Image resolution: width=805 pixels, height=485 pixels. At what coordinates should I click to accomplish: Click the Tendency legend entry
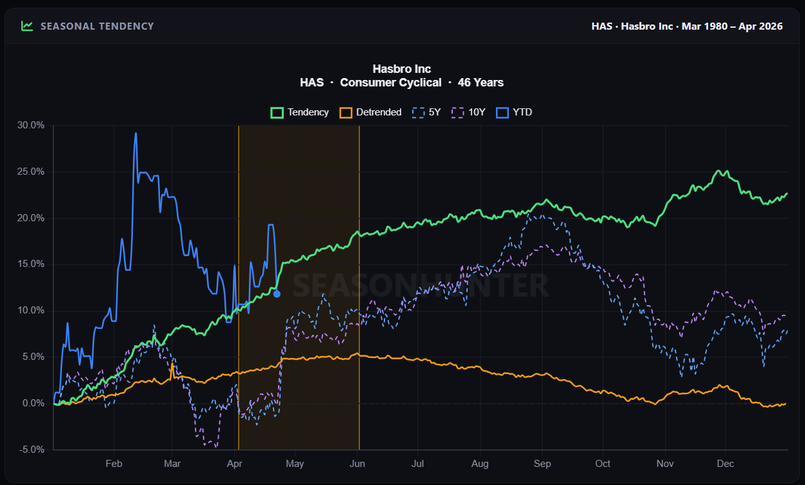(x=300, y=112)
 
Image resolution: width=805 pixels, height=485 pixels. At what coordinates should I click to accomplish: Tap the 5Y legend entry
(x=426, y=112)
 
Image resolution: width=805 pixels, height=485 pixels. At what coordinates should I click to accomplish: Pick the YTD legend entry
(x=514, y=112)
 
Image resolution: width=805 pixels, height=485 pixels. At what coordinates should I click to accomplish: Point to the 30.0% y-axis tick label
(x=31, y=125)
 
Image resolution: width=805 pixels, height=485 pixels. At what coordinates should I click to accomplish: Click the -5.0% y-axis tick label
(x=31, y=450)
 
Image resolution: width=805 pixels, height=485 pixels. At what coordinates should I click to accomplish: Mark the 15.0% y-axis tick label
(x=31, y=264)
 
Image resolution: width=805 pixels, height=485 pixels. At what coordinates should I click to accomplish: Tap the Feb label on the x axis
(x=114, y=463)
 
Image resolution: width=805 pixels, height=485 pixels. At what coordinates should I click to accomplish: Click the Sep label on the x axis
(x=542, y=463)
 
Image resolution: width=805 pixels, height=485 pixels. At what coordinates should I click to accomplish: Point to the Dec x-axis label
(x=726, y=463)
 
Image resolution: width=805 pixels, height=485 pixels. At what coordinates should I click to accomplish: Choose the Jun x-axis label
(x=357, y=463)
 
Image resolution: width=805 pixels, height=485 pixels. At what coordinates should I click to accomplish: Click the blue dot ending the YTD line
(x=277, y=294)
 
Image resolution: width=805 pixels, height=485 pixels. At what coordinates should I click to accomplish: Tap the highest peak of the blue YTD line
(x=135, y=134)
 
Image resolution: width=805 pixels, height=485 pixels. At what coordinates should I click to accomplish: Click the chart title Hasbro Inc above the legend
(x=402, y=68)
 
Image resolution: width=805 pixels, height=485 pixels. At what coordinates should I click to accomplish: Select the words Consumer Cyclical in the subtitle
(x=390, y=83)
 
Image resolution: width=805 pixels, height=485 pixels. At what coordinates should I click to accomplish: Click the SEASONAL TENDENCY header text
(x=97, y=26)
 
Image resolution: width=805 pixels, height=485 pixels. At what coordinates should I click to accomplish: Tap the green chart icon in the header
(x=26, y=26)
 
